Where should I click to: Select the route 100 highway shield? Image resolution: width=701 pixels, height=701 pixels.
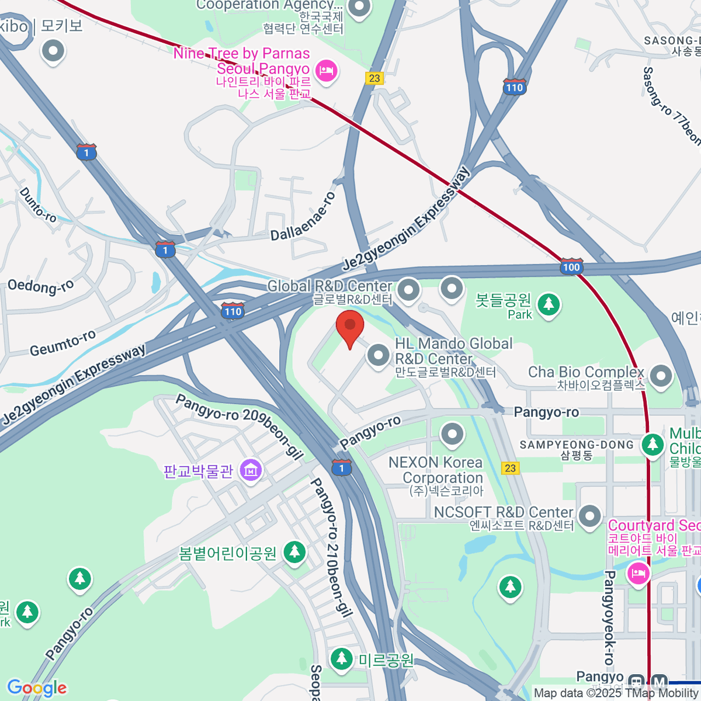[x=571, y=266]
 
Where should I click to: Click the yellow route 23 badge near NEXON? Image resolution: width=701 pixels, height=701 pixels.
[x=510, y=468]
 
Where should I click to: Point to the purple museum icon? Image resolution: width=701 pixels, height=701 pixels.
[x=251, y=469]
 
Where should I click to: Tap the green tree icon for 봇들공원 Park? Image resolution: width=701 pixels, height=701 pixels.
[x=549, y=304]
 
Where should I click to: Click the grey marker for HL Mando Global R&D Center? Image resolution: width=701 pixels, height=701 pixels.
[x=379, y=355]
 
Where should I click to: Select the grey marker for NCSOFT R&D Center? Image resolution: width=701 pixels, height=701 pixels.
[x=589, y=516]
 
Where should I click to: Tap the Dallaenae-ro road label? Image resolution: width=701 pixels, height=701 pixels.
[x=303, y=216]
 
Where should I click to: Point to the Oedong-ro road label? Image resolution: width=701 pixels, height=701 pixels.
[x=40, y=286]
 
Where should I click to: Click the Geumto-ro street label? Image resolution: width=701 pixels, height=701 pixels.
[x=63, y=343]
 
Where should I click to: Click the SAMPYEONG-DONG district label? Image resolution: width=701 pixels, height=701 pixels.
[x=577, y=445]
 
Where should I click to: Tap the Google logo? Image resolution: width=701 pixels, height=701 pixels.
[x=37, y=688]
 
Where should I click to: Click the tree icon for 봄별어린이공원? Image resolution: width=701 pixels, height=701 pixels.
[x=294, y=552]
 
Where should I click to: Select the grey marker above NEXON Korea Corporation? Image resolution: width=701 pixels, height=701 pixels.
[x=452, y=434]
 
